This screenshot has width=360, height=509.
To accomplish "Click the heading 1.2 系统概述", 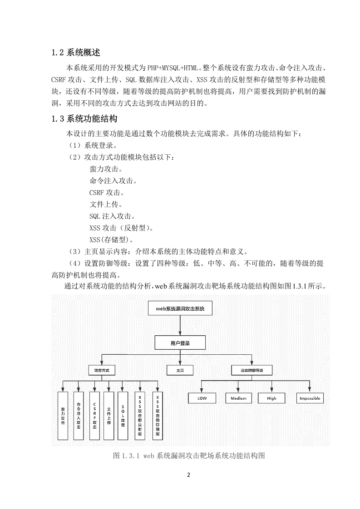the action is point(76,53).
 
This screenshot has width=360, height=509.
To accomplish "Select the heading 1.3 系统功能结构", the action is point(84,119).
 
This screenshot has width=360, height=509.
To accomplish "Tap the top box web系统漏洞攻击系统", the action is point(180,308).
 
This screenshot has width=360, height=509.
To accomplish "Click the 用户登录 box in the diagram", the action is point(180,343).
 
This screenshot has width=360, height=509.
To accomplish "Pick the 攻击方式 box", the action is point(102,370).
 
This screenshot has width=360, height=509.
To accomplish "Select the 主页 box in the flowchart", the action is point(180,370).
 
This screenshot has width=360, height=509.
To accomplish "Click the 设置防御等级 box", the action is point(252,370).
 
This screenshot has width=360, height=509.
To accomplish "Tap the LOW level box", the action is point(202,398).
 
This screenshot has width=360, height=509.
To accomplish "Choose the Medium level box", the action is point(238,398).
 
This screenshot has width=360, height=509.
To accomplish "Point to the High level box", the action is point(271,398).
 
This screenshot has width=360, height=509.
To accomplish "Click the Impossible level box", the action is point(310,398).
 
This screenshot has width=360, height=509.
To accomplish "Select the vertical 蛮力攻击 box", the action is point(63,416).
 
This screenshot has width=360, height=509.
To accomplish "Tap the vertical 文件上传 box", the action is point(109,416).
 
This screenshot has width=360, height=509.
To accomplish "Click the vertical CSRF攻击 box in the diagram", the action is point(94,416).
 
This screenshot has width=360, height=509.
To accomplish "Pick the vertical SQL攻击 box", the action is point(123,416).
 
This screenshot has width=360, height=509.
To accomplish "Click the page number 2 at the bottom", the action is point(188,475).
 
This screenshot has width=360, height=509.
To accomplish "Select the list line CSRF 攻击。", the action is point(107,192).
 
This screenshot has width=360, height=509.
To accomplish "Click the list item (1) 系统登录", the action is point(92,145).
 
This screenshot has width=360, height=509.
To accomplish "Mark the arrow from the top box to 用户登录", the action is point(180,326).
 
